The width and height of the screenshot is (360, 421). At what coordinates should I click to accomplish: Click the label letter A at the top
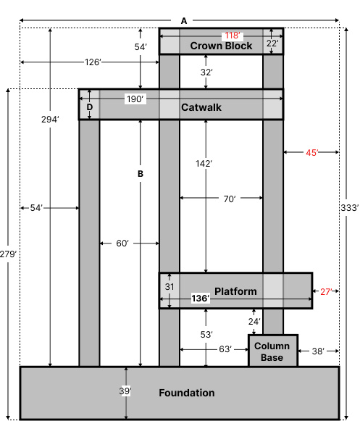183,21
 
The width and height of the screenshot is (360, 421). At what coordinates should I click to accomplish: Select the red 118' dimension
232,36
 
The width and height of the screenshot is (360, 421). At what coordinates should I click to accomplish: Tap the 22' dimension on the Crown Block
272,43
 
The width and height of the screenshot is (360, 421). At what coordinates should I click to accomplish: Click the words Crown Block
221,46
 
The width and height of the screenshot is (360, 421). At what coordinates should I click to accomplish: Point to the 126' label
93,62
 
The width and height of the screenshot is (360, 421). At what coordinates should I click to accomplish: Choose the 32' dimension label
206,72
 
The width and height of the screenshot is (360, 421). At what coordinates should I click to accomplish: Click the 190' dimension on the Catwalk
135,99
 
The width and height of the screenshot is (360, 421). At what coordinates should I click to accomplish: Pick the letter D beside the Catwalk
90,107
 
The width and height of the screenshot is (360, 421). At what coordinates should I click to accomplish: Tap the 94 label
52,120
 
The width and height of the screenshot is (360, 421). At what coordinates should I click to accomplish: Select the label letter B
141,174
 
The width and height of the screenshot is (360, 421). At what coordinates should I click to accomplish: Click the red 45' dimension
311,153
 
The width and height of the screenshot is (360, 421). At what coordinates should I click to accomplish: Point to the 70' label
229,199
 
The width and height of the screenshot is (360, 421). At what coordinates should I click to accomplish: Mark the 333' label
348,209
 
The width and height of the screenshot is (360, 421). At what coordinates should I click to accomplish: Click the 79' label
10,254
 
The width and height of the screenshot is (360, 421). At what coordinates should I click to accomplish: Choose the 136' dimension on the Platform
200,299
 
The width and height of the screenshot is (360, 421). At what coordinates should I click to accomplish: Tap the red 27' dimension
325,292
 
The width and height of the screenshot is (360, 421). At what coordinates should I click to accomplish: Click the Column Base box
272,351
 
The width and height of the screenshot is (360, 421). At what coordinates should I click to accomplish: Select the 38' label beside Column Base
317,351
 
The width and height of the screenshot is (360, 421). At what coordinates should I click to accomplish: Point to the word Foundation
186,393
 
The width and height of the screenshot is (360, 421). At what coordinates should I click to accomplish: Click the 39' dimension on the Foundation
125,391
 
